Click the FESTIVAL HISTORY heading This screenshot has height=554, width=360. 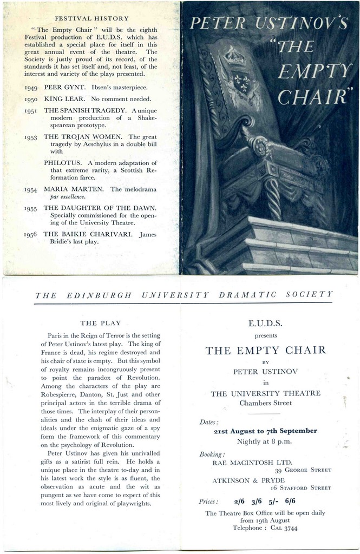pyautogui.click(x=92, y=18)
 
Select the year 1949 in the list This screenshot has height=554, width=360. pyautogui.click(x=31, y=87)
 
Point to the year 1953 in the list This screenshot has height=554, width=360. pyautogui.click(x=31, y=137)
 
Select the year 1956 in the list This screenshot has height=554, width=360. pyautogui.click(x=31, y=235)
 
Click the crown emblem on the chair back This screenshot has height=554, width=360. pyautogui.click(x=234, y=56)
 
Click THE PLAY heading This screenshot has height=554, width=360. pyautogui.click(x=100, y=323)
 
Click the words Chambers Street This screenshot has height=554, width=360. pyautogui.click(x=265, y=403)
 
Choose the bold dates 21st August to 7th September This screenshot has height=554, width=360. pyautogui.click(x=265, y=431)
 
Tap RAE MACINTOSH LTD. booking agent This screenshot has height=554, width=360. pyautogui.click(x=252, y=463)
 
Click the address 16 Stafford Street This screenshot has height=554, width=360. pyautogui.click(x=300, y=487)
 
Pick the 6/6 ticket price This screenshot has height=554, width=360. pyautogui.click(x=290, y=501)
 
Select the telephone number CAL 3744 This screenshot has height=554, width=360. pyautogui.click(x=284, y=528)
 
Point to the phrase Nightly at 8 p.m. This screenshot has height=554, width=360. pyautogui.click(x=264, y=441)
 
